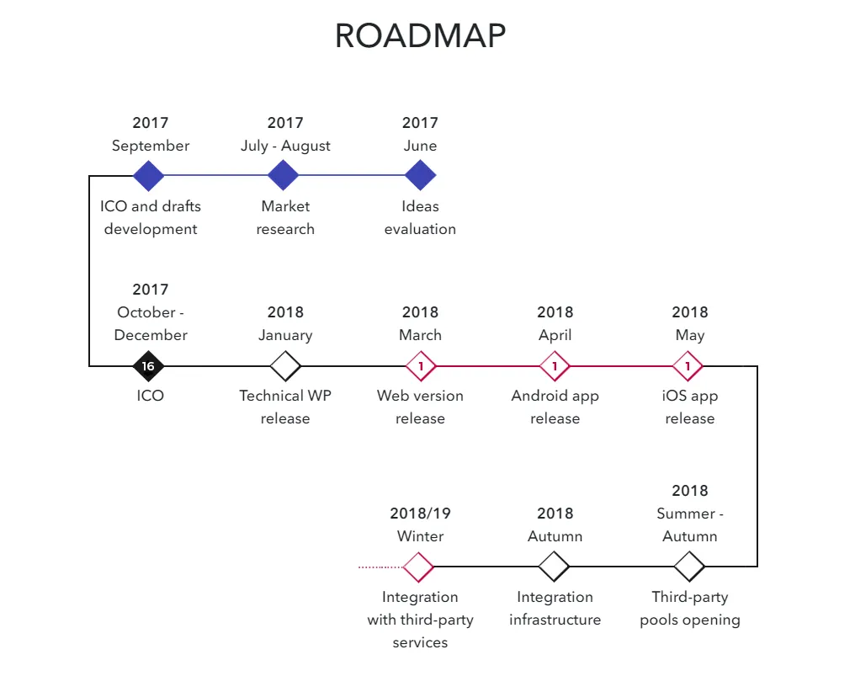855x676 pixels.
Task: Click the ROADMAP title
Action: coord(421,36)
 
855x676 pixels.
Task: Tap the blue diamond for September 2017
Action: coord(148,175)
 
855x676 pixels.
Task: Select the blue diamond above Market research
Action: coord(283,175)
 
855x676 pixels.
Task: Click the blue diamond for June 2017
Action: coord(421,175)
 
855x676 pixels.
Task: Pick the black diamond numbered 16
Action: coord(148,366)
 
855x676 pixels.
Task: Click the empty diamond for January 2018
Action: coord(285,366)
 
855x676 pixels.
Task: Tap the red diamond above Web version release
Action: coord(421,366)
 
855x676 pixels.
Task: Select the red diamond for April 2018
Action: coord(555,366)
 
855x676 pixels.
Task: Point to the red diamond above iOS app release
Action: coord(688,366)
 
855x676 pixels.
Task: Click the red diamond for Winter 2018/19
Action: coord(418,567)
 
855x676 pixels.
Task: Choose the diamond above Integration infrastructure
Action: coord(554,567)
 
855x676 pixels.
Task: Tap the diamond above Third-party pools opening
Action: coord(689,567)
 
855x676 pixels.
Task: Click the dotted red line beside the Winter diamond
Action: coord(380,567)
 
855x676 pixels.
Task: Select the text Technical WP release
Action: coord(285,407)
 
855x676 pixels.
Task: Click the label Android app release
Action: coord(555,407)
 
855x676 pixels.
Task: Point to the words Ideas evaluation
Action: coord(421,218)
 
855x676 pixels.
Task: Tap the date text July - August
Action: coord(286,146)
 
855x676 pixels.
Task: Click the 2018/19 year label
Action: coord(421,514)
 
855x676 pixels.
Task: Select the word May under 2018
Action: coord(690,335)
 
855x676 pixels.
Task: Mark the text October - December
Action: coord(151,323)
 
